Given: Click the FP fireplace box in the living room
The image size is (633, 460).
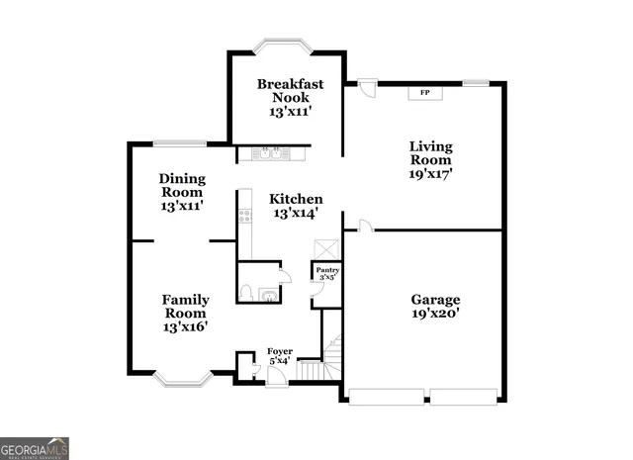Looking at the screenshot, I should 425,92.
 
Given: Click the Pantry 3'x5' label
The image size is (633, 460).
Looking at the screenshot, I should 327,272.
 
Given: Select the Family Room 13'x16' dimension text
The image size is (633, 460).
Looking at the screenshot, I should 186,325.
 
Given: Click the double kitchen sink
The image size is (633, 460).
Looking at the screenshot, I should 268,153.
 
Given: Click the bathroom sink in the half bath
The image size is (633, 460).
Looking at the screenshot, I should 266,293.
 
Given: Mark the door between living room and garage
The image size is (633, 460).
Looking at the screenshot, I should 365,228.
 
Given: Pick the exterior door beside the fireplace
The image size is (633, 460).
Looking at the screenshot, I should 367,88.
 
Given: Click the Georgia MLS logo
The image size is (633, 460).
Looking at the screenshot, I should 35,448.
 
